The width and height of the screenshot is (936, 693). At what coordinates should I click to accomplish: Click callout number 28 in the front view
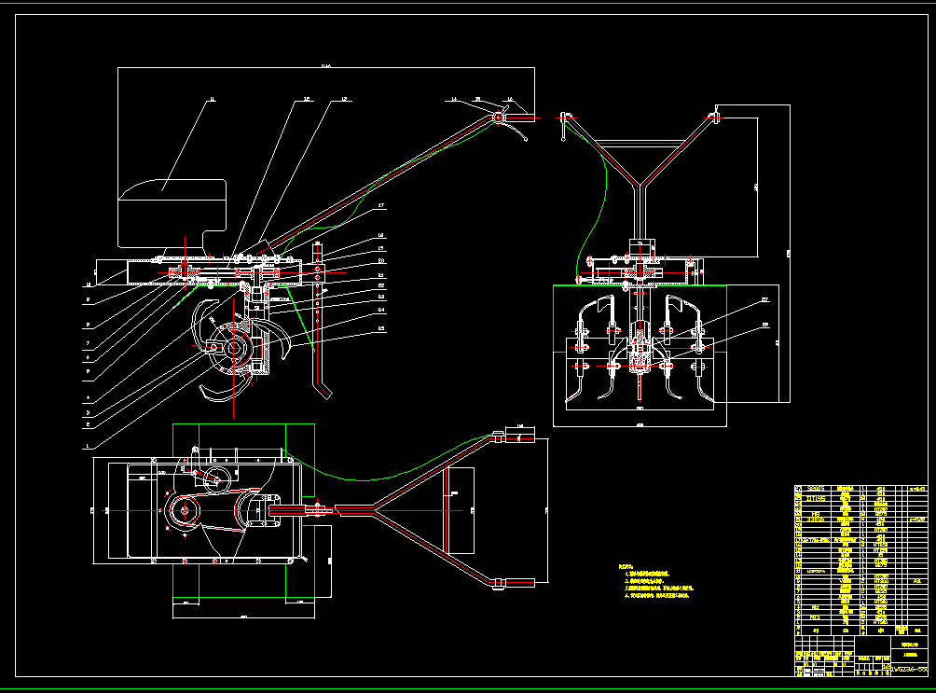click(764, 325)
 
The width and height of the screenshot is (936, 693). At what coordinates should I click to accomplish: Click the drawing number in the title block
click(909, 669)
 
